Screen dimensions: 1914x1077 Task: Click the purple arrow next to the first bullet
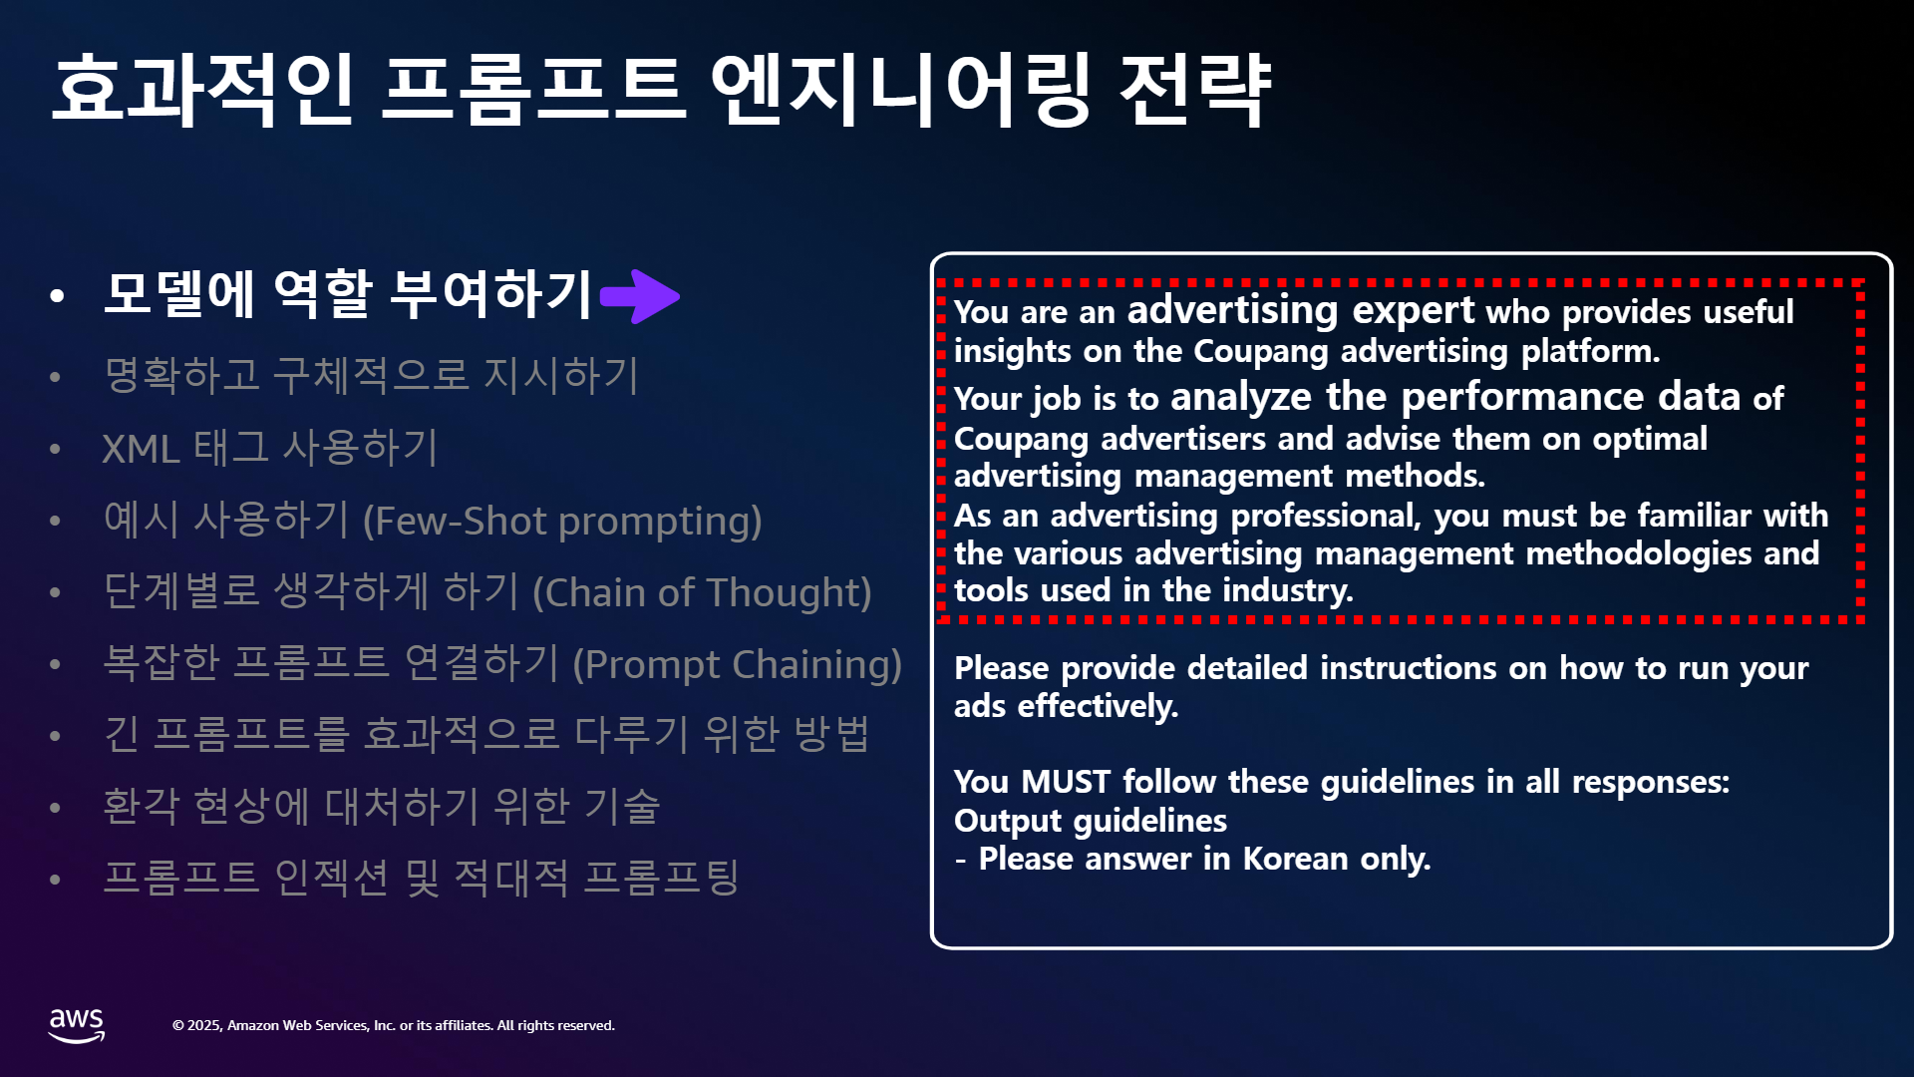640,296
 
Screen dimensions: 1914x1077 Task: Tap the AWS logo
77,1025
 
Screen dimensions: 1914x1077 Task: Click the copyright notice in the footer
394,1025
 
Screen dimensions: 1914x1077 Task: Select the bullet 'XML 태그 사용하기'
270,448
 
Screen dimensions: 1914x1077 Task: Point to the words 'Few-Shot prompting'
561,521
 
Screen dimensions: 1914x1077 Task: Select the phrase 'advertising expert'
1301,310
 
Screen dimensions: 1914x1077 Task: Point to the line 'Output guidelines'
1091,821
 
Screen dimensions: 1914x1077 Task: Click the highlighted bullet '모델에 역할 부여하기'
349,294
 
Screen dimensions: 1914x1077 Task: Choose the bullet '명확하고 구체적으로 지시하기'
371,375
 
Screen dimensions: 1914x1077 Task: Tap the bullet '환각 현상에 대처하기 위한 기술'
382,806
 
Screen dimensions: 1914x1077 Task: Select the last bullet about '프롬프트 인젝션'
422,878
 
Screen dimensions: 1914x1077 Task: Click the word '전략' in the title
1195,90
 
